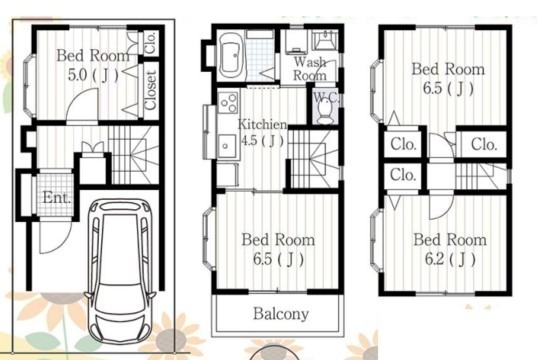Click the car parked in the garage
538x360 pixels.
click(120, 271)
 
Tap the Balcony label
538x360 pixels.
click(281, 314)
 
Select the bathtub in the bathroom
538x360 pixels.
click(232, 56)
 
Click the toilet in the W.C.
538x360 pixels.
click(323, 113)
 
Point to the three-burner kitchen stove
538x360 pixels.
click(228, 102)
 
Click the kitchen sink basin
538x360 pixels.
click(227, 146)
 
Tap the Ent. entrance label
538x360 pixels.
click(57, 197)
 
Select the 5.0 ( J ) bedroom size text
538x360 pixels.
click(93, 75)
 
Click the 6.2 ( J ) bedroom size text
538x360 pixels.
click(450, 259)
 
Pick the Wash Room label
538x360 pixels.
click(310, 69)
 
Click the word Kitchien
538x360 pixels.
click(262, 124)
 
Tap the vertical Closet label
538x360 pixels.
click(151, 90)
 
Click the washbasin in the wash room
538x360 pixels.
click(324, 40)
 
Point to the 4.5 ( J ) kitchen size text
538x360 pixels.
click(263, 141)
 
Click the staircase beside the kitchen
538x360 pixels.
click(313, 159)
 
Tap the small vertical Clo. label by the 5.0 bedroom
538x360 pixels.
click(151, 43)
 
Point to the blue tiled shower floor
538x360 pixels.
click(261, 59)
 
